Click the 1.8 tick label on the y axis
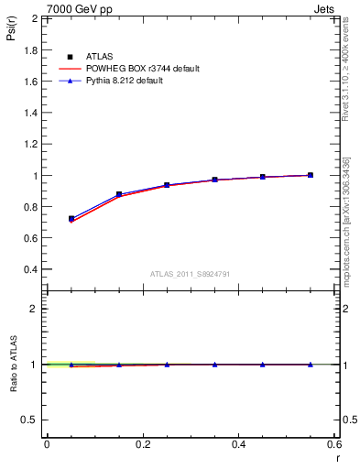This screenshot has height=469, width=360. click(x=30, y=49)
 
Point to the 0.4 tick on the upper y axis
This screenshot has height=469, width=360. click(x=30, y=270)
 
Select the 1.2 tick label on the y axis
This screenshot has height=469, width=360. click(x=30, y=144)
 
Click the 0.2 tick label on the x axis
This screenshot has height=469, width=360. click(x=142, y=445)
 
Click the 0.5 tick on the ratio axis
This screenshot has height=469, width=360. click(x=30, y=420)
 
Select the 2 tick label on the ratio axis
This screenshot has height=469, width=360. click(x=35, y=309)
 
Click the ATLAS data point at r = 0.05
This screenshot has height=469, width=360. click(x=71, y=219)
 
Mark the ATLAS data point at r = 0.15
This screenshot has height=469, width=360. click(x=119, y=194)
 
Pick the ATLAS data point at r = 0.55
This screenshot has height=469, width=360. click(x=311, y=175)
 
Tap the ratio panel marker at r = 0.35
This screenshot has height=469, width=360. click(x=214, y=365)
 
